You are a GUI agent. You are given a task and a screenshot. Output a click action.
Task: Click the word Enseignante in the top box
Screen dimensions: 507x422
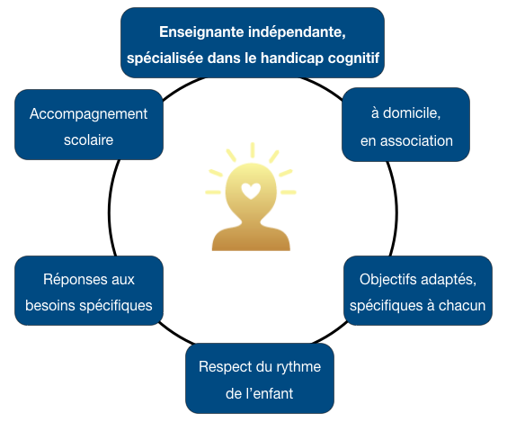point(201,32)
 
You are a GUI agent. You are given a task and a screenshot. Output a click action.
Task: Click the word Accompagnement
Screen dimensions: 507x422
point(88,115)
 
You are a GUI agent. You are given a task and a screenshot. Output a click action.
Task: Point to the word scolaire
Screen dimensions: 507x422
point(88,140)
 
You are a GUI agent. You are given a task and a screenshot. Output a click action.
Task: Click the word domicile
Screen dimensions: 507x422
point(412,113)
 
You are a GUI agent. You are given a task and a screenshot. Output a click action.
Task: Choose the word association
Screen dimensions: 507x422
point(416,141)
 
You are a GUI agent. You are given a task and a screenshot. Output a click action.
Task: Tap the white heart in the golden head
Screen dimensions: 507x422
point(251,191)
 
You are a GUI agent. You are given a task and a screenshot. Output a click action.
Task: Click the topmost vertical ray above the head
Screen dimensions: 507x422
point(253,150)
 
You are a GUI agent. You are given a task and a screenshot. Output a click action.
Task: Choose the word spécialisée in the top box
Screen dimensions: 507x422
point(165,58)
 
